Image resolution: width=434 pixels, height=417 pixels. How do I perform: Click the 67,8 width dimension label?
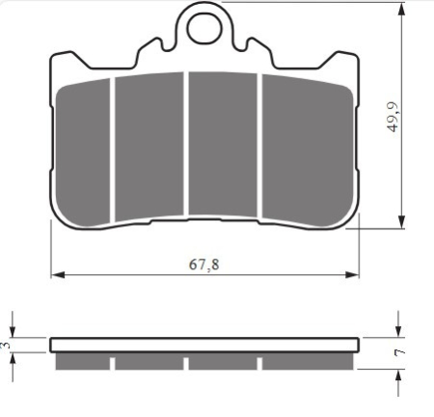click(204, 264)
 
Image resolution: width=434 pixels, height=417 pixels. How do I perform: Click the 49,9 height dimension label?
click(393, 117)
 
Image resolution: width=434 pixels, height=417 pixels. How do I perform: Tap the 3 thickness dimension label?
click(6, 346)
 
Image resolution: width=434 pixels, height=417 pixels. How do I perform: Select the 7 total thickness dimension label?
click(399, 352)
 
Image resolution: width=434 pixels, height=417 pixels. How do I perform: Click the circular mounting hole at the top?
click(204, 28)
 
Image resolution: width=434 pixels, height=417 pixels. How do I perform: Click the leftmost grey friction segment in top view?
click(83, 153)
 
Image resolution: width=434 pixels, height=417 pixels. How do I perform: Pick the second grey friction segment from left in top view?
click(149, 147)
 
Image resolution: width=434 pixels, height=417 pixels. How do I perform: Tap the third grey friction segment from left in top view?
click(223, 145)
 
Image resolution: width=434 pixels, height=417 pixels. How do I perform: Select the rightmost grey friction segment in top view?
click(308, 151)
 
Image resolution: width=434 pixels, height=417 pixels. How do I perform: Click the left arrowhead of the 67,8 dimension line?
click(58, 275)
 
